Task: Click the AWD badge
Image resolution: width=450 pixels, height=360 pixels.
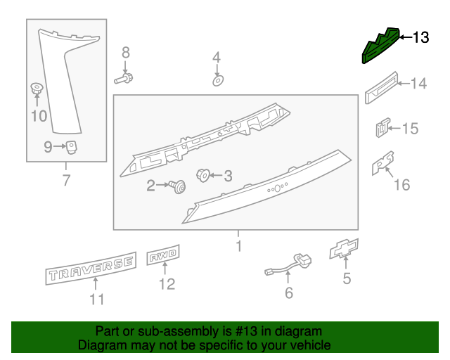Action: [x=164, y=257]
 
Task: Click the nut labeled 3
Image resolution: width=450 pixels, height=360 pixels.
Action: [x=202, y=174]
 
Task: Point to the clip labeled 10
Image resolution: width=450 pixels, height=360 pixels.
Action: [x=36, y=89]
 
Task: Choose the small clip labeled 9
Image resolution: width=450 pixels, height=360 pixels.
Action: [x=71, y=147]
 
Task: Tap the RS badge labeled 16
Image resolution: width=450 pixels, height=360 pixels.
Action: [x=382, y=165]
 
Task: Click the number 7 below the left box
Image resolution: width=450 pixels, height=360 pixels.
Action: [x=66, y=181]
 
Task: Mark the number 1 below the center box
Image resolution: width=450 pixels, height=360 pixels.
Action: [x=238, y=247]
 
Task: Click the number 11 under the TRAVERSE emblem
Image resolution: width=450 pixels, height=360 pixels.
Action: [x=96, y=300]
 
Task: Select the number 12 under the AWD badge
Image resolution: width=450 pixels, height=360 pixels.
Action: [x=166, y=285]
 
